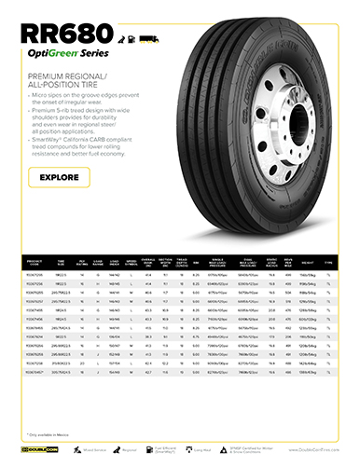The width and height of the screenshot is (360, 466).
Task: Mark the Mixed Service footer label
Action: (94, 447)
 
